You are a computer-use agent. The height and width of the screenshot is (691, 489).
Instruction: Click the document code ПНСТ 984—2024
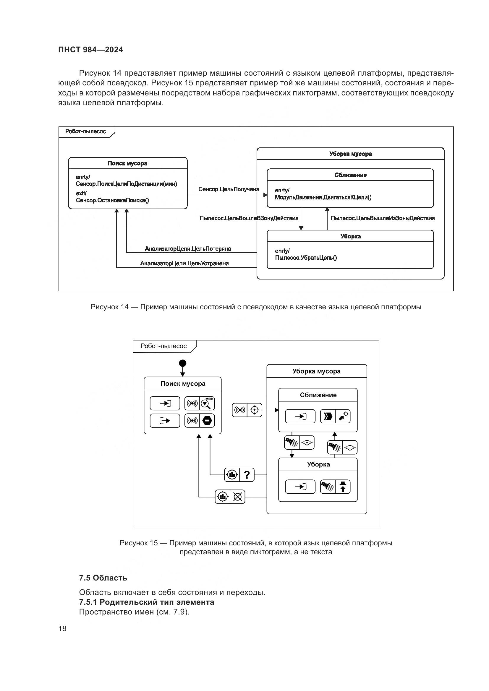pos(91,50)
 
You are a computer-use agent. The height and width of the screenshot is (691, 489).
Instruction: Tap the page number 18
pos(62,628)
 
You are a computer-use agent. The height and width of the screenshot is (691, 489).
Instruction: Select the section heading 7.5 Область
pos(103,578)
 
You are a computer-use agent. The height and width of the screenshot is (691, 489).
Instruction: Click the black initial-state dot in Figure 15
pos(182,363)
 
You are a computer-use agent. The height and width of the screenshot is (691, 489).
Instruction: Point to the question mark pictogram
pos(247,475)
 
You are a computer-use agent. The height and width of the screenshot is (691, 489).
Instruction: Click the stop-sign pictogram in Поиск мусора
pos(207,420)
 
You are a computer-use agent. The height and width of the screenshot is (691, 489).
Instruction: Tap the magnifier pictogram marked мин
pos(207,404)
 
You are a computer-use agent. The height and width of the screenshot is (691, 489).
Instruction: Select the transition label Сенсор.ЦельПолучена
pos(229,189)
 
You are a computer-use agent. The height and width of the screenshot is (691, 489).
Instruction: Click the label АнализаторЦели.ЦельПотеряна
pos(188,249)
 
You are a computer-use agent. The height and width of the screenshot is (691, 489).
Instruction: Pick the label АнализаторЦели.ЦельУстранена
pos(184,264)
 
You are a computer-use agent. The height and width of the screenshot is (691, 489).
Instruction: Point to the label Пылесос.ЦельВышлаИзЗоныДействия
pos(382,218)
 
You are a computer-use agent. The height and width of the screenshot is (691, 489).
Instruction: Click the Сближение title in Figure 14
pos(351,175)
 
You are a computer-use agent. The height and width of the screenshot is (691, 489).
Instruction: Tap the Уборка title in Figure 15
pos(318,464)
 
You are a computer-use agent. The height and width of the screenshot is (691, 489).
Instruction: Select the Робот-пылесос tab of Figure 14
pos(85,131)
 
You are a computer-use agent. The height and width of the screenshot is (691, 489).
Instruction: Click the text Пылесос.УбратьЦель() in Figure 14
pos(306,258)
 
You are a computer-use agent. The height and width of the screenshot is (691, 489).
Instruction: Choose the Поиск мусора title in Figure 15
pos(183,384)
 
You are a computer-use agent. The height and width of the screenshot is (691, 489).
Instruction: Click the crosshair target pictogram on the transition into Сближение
pos(255,410)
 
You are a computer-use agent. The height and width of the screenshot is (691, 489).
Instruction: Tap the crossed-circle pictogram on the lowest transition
pos(238,497)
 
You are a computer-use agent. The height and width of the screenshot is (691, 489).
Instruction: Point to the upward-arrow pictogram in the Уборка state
pos(343,487)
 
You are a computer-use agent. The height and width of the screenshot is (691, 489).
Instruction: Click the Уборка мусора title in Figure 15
pos(316,371)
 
